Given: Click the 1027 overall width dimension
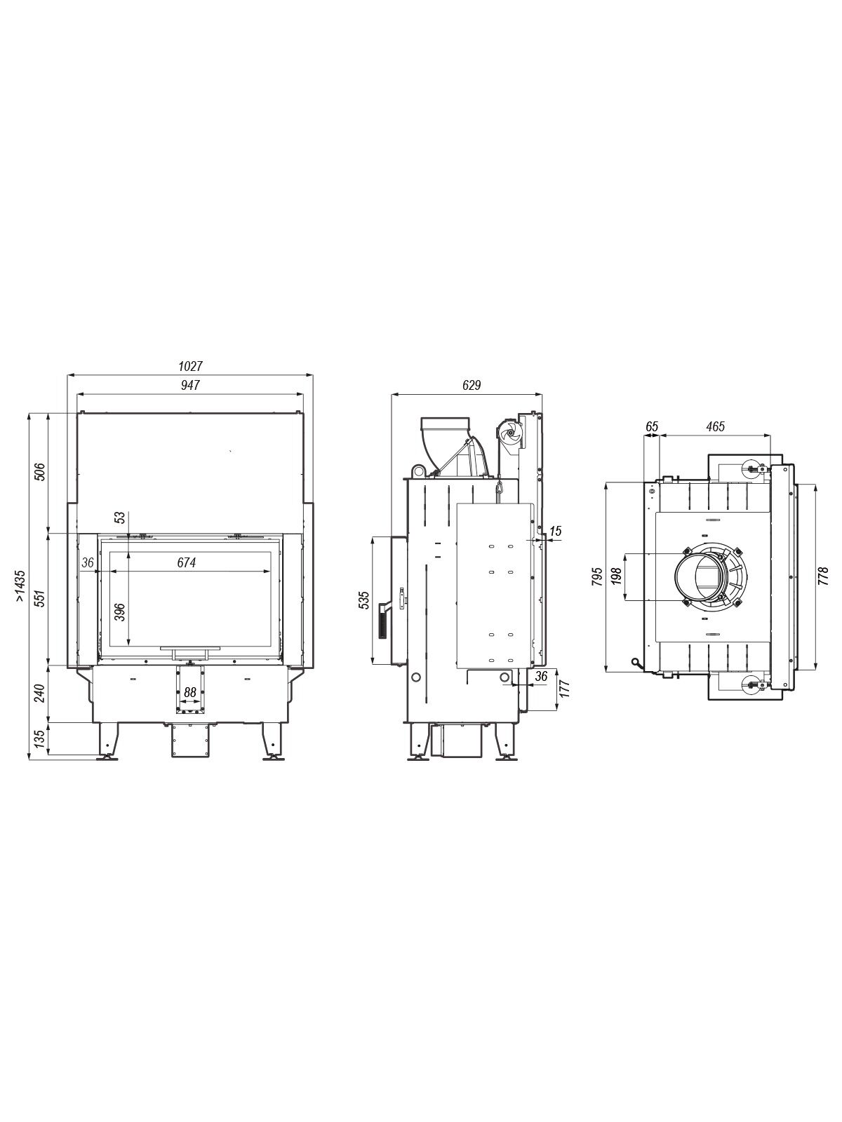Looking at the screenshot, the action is [190, 366].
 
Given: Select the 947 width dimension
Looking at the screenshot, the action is [190, 385].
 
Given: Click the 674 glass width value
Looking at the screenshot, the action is [187, 562].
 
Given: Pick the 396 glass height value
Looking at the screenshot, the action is [119, 612].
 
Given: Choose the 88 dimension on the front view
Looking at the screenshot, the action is [190, 692].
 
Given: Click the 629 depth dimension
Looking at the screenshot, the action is [472, 385].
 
